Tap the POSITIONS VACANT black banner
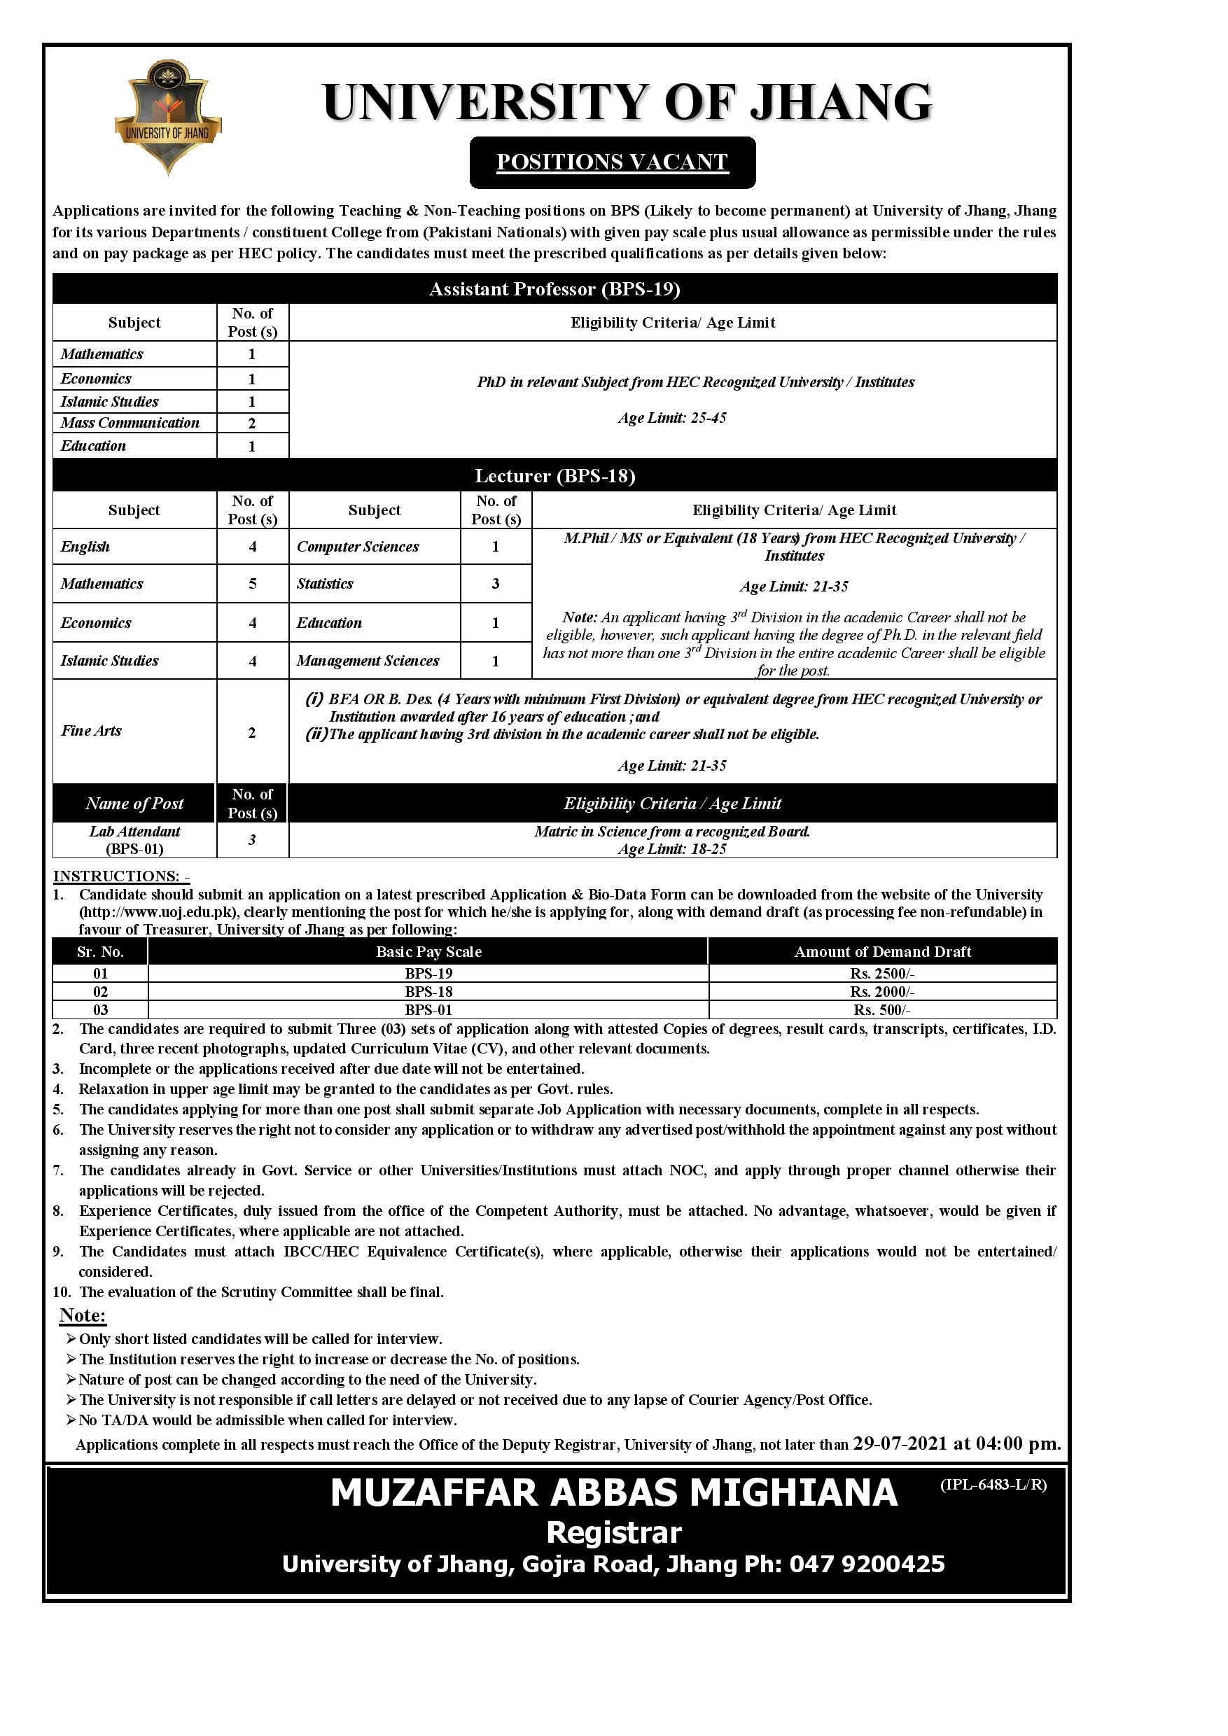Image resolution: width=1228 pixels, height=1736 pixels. tap(612, 162)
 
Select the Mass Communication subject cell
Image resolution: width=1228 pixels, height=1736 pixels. tap(130, 423)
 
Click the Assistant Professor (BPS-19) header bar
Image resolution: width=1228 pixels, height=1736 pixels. tap(554, 289)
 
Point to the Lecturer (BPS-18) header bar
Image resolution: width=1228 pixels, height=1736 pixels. tap(554, 475)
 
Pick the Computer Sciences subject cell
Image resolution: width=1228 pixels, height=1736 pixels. tap(358, 547)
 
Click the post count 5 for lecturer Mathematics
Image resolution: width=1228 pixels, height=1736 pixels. tap(253, 584)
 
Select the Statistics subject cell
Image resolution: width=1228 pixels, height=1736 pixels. tap(325, 584)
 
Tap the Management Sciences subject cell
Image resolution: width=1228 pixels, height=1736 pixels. tap(368, 661)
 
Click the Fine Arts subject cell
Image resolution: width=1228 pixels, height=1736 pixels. tap(92, 730)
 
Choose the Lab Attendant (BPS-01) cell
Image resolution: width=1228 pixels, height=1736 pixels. tap(134, 839)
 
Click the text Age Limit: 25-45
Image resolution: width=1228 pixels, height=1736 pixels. tap(672, 418)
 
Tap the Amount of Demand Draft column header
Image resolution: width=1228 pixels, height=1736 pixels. tap(882, 952)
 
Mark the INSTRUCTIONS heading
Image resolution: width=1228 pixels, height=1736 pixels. tap(121, 876)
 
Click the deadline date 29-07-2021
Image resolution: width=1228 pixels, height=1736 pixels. tap(900, 1443)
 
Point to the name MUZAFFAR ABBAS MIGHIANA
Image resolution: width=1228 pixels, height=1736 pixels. tap(613, 1493)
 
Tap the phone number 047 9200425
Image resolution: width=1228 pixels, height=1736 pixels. tap(867, 1564)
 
